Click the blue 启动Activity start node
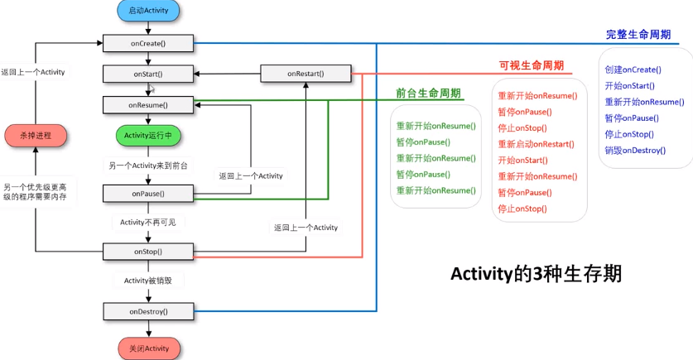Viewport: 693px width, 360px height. click(148, 11)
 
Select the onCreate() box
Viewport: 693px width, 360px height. click(148, 42)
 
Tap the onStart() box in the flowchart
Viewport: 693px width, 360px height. click(148, 74)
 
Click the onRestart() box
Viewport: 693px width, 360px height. click(306, 74)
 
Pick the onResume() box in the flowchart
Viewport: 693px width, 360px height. click(148, 105)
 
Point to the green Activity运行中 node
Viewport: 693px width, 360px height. click(148, 135)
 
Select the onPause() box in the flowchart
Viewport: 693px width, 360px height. click(148, 194)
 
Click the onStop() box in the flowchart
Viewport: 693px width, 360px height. click(148, 251)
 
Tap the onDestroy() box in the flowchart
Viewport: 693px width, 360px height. click(148, 311)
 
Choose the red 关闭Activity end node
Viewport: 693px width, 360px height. click(148, 348)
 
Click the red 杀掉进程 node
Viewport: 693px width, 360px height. click(35, 135)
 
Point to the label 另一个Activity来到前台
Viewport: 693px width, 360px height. click(148, 166)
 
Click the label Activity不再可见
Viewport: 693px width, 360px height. click(148, 222)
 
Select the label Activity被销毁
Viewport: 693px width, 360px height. click(148, 281)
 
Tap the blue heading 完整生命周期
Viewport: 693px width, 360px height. click(638, 35)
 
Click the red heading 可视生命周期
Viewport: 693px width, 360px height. click(531, 65)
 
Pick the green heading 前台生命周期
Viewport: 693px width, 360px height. click(428, 93)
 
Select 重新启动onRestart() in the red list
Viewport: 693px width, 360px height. click(536, 144)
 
